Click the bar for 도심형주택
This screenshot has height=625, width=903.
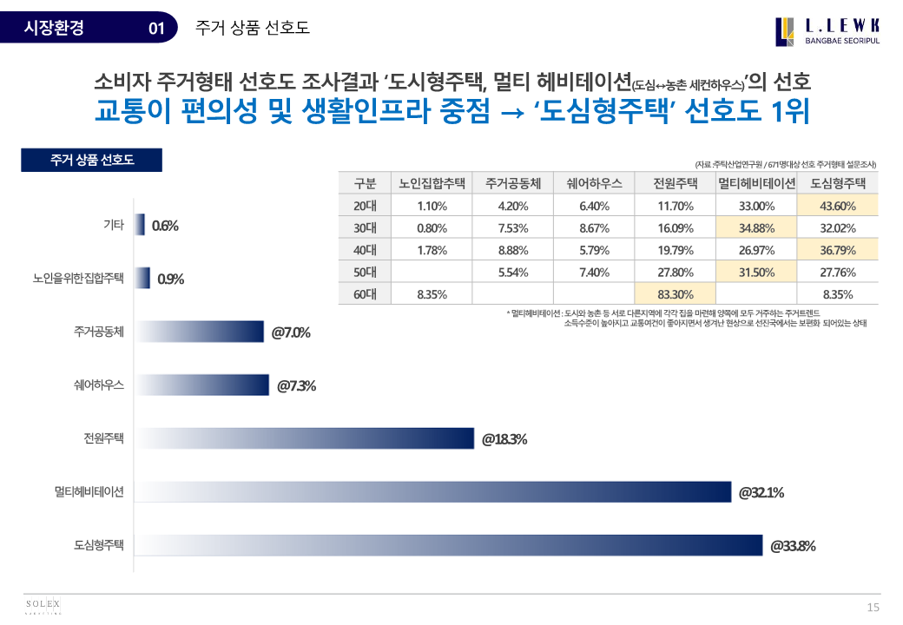pyautogui.click(x=448, y=545)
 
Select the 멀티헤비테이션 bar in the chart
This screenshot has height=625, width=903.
pyautogui.click(x=432, y=492)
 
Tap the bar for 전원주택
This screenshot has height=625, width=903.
pyautogui.click(x=304, y=439)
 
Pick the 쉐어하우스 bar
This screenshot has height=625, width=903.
pyautogui.click(x=201, y=385)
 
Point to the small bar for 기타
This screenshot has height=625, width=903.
pyautogui.click(x=139, y=225)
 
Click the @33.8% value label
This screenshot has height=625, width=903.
pyautogui.click(x=793, y=546)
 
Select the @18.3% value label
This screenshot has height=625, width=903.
pyautogui.click(x=504, y=439)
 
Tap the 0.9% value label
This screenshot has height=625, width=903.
pyautogui.click(x=170, y=280)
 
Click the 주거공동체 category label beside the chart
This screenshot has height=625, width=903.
pyautogui.click(x=100, y=332)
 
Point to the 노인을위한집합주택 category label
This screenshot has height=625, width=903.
pyautogui.click(x=78, y=279)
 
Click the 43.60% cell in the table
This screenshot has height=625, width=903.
pyautogui.click(x=838, y=206)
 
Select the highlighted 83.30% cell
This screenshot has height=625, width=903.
pyautogui.click(x=675, y=294)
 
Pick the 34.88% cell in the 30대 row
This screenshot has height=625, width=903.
pyautogui.click(x=756, y=228)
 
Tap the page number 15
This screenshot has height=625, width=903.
pyautogui.click(x=873, y=607)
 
